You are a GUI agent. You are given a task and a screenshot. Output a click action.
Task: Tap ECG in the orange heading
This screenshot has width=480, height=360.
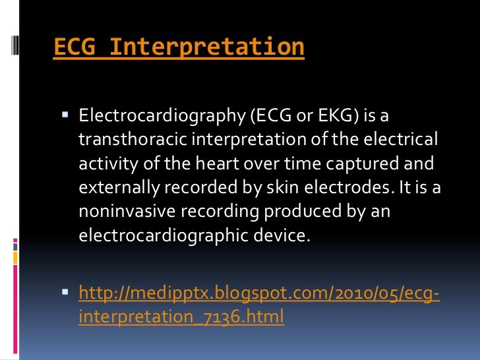pyautogui.click(x=74, y=47)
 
